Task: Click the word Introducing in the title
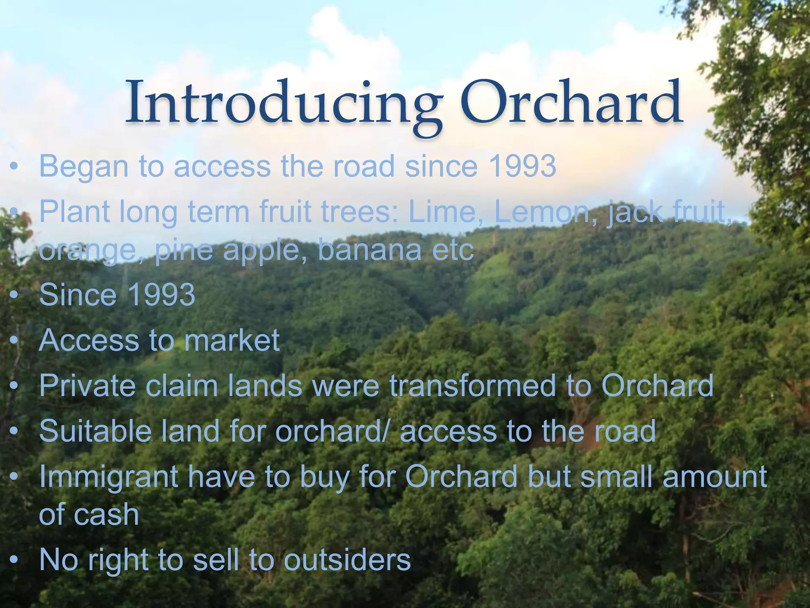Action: click(283, 104)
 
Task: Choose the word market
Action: click(232, 340)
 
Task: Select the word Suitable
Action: click(95, 431)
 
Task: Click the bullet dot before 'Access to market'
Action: click(14, 341)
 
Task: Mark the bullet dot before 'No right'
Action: click(14, 560)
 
